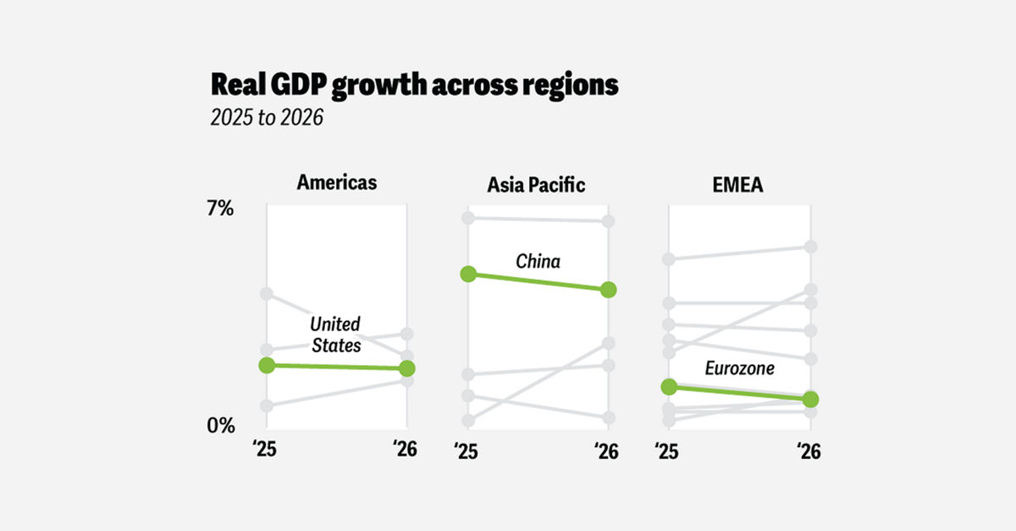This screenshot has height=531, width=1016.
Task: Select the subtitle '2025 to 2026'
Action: [267, 118]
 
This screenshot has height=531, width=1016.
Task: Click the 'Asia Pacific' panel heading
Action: [536, 185]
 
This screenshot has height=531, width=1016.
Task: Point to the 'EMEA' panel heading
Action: [738, 184]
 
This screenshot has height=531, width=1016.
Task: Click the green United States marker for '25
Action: [267, 365]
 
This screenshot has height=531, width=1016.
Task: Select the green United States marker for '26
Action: [407, 368]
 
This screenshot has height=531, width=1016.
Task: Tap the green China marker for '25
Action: [468, 274]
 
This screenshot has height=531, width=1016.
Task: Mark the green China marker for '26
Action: [609, 290]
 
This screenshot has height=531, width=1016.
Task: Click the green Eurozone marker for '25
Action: [669, 387]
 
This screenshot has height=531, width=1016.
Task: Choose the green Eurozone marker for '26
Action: [810, 399]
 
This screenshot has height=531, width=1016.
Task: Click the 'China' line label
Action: [538, 261]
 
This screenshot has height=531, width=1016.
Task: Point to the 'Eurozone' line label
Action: [739, 369]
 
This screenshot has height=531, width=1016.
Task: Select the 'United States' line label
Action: [335, 335]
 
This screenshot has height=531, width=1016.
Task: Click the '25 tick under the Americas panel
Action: [267, 451]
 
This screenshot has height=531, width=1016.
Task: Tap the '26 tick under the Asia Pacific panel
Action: [606, 451]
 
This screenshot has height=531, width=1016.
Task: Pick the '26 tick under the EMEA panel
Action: [809, 451]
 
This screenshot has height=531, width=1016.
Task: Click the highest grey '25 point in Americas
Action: [267, 294]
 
